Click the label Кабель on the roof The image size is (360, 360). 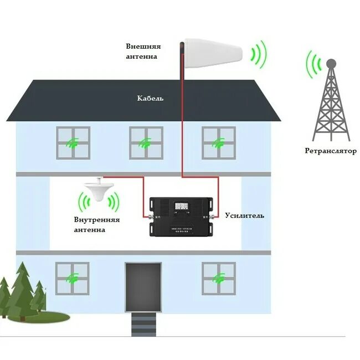(150, 99)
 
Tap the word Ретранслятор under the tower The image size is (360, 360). (330, 151)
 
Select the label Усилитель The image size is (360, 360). (244, 215)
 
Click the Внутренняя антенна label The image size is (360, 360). (97, 224)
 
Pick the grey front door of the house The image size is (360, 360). (143, 287)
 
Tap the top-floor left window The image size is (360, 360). (73, 142)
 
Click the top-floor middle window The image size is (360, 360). (146, 142)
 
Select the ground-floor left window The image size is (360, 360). (73, 277)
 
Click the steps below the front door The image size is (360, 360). (143, 322)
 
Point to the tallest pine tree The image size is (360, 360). (22, 288)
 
